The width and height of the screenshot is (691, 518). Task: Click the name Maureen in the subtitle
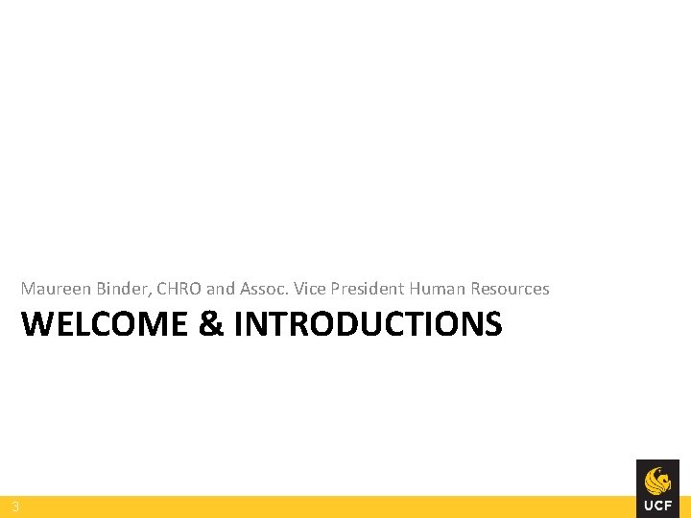56,289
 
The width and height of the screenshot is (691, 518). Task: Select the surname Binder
122,289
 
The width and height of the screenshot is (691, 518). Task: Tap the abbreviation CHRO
178,289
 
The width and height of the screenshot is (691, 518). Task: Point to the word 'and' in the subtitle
221,289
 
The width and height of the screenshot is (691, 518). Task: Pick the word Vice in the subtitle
310,289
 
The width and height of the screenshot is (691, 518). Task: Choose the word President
369,289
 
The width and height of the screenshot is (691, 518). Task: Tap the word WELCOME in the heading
105,325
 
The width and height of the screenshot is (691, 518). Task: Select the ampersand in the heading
210,325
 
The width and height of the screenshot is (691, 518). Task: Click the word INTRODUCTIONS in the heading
368,325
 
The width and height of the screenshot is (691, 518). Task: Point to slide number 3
15,506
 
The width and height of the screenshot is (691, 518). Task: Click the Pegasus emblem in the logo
657,479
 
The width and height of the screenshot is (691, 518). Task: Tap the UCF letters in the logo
657,505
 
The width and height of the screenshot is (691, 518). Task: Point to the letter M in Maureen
29,289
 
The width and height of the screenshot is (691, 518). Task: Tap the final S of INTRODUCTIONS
492,325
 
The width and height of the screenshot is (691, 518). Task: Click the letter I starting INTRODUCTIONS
238,325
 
